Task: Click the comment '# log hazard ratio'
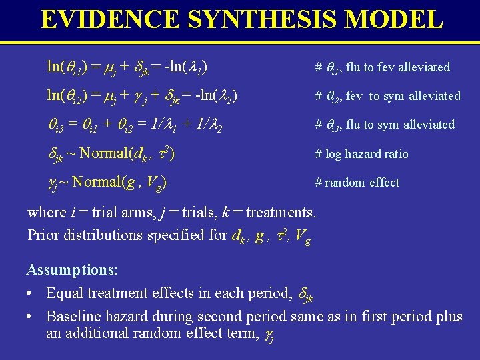[363, 154]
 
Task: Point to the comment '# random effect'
[357, 183]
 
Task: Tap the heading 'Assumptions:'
[73, 270]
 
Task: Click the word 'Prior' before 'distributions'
[43, 235]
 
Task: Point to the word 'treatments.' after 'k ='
[282, 213]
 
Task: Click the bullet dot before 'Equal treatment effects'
[31, 294]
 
